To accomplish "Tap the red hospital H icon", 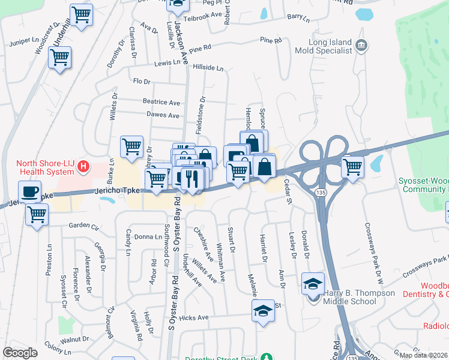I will (x=84, y=166).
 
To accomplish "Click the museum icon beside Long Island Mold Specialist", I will (x=361, y=45).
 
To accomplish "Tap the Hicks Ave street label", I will (x=193, y=317).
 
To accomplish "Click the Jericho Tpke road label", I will (x=117, y=190).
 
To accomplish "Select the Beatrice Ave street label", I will (x=161, y=103).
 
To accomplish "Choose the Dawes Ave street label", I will (x=163, y=115).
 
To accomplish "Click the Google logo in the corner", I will (x=20, y=353).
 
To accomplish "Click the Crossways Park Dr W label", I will (x=372, y=253).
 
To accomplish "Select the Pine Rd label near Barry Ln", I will (x=271, y=40).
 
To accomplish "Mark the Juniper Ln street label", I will (x=23, y=43).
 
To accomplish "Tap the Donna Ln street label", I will (x=148, y=237).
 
